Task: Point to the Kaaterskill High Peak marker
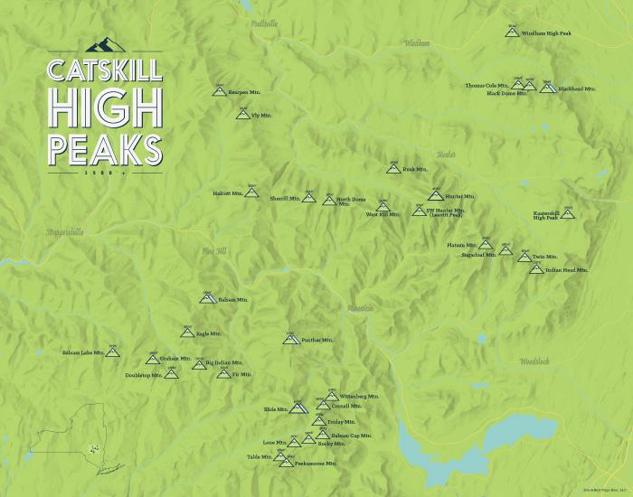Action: point(568,213)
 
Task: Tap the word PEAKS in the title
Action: point(105,148)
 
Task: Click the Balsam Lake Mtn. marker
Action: point(113,352)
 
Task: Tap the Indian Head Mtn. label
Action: point(567,269)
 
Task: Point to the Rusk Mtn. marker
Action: point(392,168)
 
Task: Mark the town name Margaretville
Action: point(64,232)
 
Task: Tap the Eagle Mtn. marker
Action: point(187,333)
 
